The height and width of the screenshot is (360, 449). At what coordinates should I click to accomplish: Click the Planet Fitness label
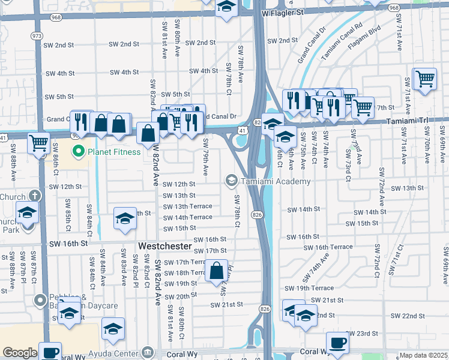[114, 152]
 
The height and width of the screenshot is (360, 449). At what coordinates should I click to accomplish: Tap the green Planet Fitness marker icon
[78, 152]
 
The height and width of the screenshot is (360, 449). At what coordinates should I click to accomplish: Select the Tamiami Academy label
[276, 181]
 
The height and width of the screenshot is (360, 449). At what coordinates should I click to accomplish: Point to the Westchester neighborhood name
[164, 247]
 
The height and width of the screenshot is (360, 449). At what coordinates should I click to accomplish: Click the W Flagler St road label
[283, 11]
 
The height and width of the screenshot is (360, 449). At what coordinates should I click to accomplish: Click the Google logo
[20, 353]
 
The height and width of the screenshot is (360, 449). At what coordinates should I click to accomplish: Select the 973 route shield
[37, 36]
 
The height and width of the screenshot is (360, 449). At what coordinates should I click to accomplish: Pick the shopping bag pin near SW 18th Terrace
[216, 271]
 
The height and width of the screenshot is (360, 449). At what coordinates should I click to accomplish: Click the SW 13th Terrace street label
[188, 206]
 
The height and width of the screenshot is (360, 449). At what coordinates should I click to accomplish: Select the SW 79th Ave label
[205, 157]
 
